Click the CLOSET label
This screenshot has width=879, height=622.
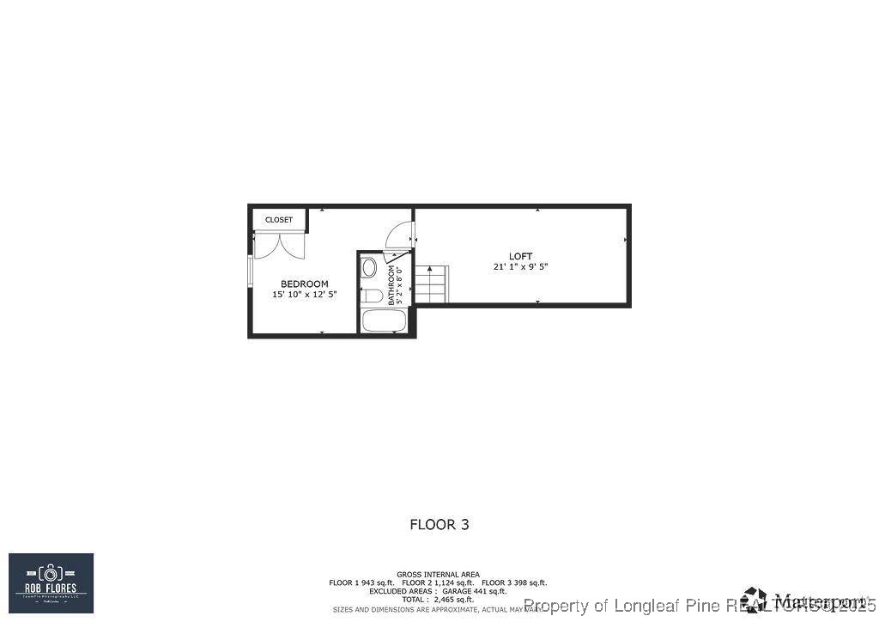[x=278, y=220]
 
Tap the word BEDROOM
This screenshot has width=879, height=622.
[x=304, y=284]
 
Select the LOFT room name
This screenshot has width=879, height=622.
[x=520, y=256]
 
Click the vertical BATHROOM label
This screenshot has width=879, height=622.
[x=391, y=285]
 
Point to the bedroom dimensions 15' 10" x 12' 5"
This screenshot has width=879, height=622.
[x=304, y=295]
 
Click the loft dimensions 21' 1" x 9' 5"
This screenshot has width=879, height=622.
[x=520, y=267]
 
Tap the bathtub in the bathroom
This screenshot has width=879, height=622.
[x=383, y=322]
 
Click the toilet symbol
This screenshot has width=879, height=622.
[x=372, y=296]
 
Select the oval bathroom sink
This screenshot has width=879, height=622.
[x=369, y=267]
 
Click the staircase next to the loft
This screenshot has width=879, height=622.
[x=431, y=284]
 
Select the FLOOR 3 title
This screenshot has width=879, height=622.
[x=439, y=524]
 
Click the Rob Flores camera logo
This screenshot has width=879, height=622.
[x=51, y=582]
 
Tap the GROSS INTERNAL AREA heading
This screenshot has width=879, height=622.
[x=438, y=575]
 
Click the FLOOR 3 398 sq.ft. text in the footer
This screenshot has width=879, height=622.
[x=514, y=582]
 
